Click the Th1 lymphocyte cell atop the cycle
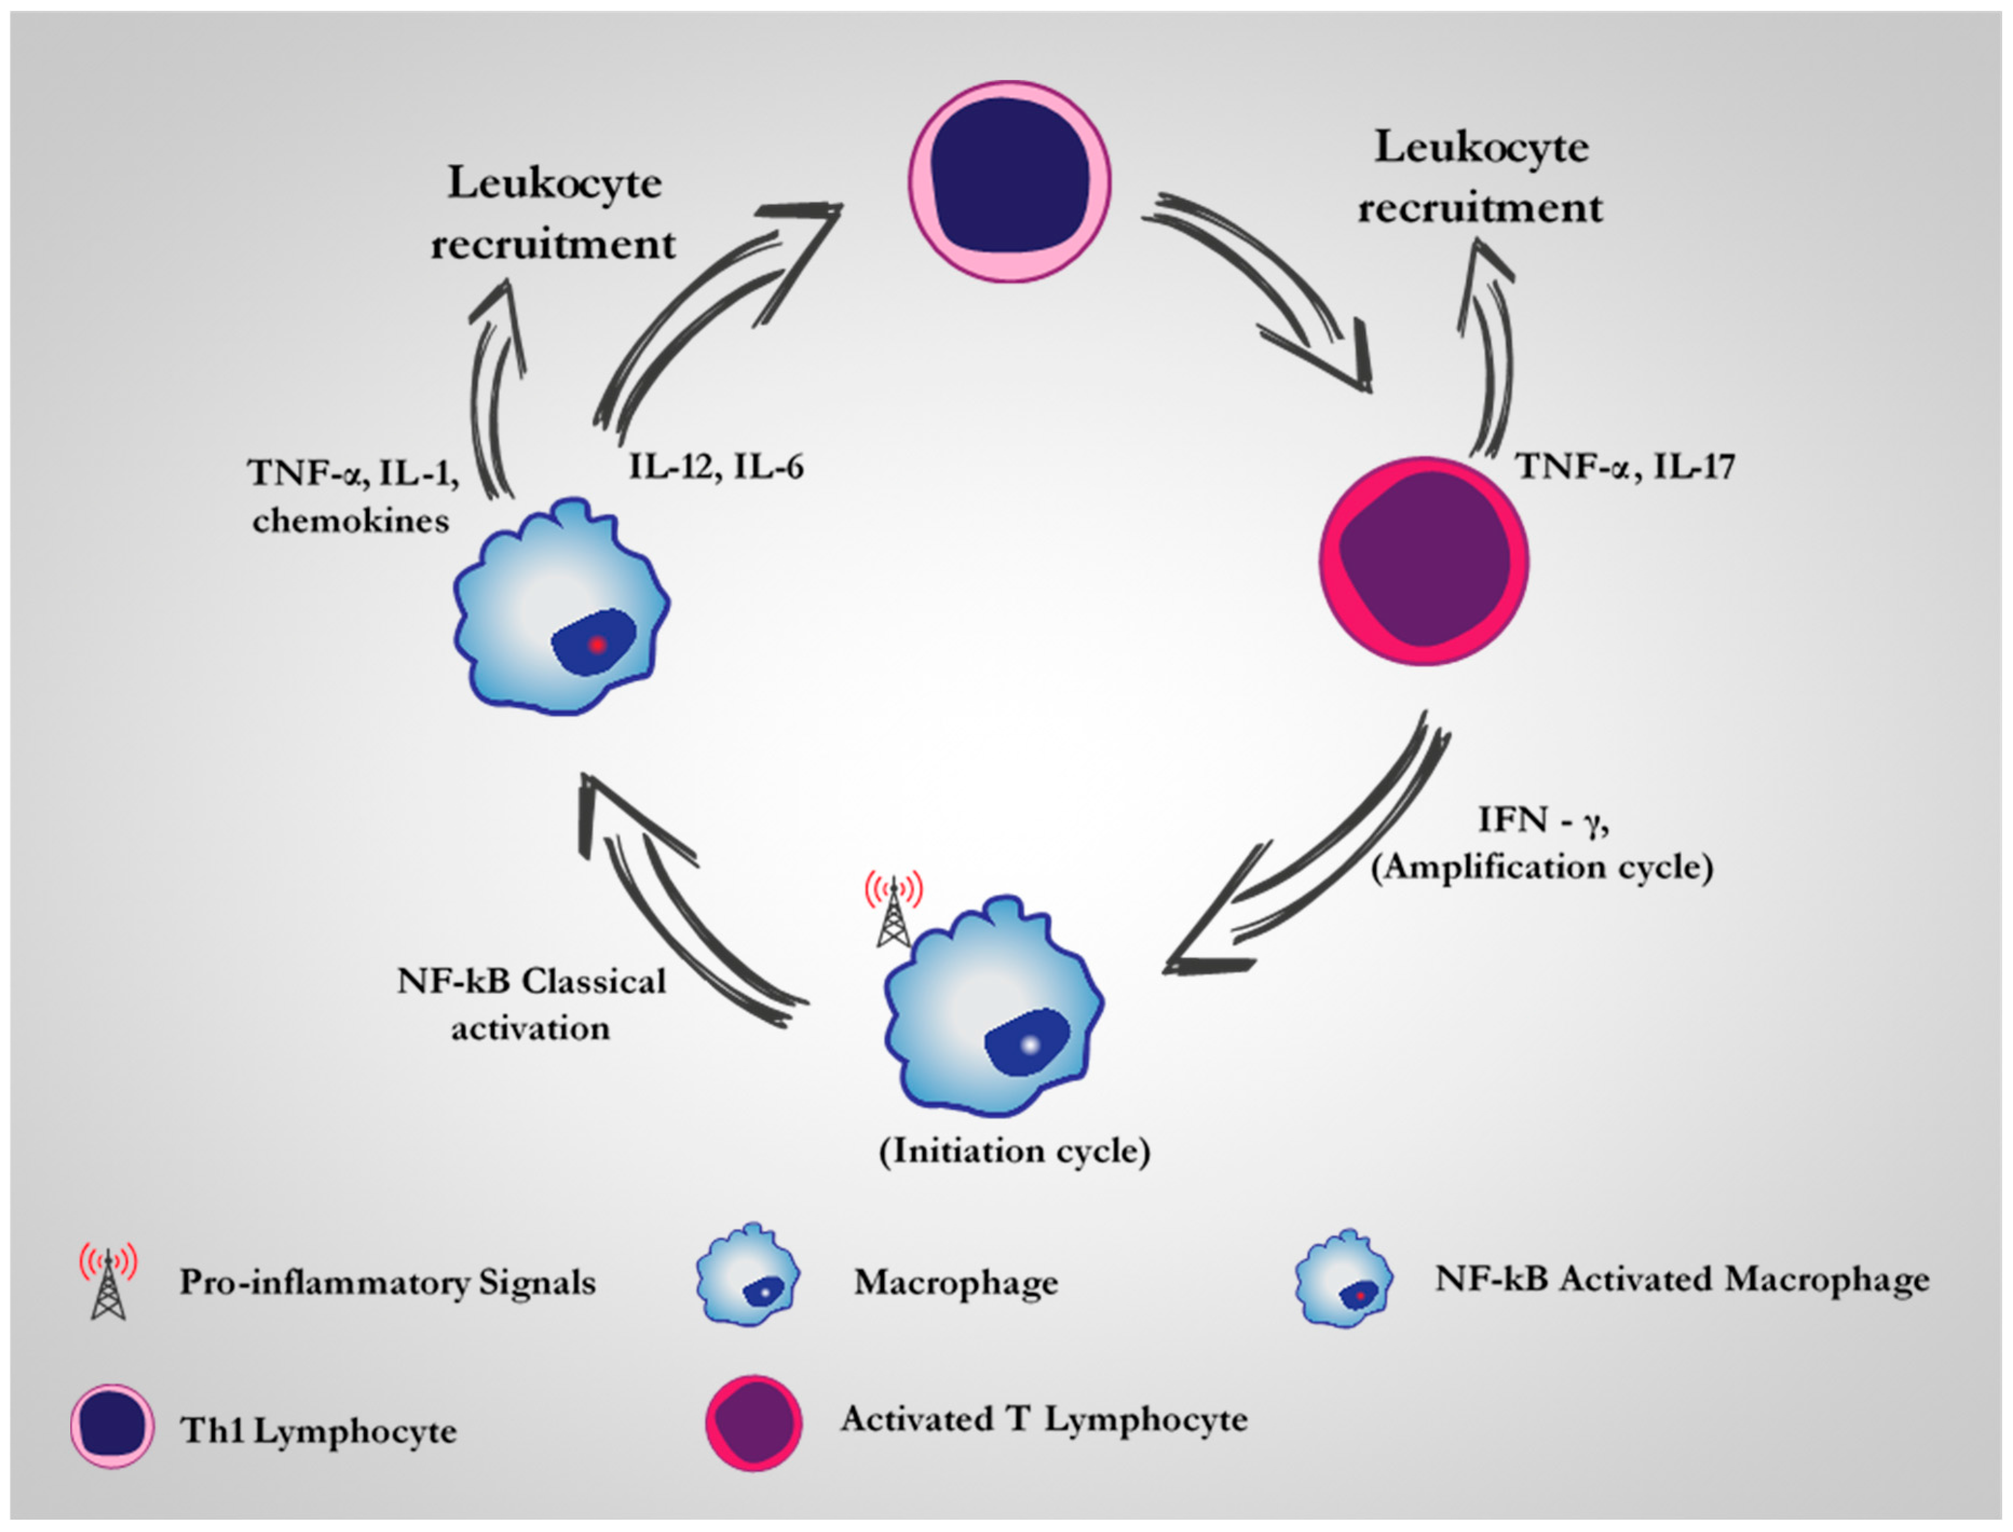(1009, 181)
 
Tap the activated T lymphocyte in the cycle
(1424, 561)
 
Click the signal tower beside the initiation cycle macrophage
(894, 912)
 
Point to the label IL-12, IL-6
(716, 467)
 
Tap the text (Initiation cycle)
(1014, 1151)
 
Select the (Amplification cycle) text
(1543, 866)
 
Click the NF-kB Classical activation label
(532, 1005)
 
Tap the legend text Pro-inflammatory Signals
(387, 1282)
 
